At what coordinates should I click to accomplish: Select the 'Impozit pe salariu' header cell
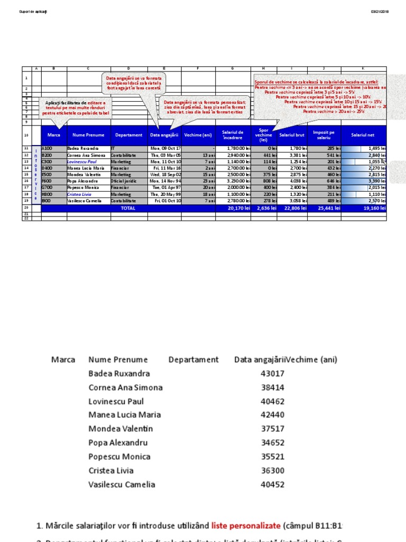[324, 135]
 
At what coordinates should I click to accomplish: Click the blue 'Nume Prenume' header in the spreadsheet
[88, 135]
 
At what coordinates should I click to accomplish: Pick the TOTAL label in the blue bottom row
[128, 208]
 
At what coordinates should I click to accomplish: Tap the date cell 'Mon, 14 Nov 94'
[166, 181]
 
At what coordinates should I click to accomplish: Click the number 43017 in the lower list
[273, 374]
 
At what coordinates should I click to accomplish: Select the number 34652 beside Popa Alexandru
[273, 443]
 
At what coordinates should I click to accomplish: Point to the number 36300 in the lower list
[273, 471]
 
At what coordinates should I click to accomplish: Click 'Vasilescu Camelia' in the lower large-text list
[122, 484]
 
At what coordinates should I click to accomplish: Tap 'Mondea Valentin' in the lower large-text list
[121, 429]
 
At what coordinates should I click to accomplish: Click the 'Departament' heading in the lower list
[193, 360]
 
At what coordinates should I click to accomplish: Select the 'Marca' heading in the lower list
[63, 360]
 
